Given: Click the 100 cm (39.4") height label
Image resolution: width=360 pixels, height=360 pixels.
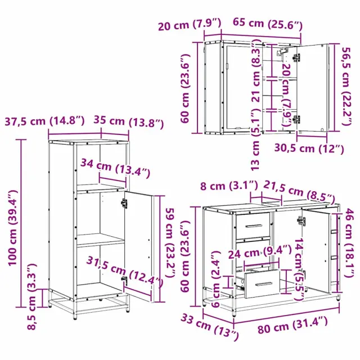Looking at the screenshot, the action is coord(13,228).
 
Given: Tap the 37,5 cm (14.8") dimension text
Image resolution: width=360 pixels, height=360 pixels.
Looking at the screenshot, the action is coord(45,121).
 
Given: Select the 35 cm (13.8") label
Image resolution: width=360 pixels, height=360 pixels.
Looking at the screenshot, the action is coord(129,122).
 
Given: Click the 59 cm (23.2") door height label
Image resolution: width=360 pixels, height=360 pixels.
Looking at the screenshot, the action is coord(170,242).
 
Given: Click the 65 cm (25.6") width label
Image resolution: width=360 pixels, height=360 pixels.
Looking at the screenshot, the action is coord(268,24).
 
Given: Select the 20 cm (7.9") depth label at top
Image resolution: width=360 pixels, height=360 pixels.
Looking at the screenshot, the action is coord(190,24).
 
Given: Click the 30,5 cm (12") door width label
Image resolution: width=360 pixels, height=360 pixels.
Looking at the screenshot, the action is coord(309,148).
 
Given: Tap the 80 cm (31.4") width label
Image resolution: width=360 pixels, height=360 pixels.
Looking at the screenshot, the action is coord(292,325).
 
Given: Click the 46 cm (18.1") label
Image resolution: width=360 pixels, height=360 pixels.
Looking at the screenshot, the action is coord(349,242).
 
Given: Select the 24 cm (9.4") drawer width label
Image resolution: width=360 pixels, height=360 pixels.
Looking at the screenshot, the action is coord(260,252).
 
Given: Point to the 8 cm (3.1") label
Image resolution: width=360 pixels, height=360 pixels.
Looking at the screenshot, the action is coord(229,185).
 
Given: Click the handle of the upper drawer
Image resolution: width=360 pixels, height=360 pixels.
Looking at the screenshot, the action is coord(254,226).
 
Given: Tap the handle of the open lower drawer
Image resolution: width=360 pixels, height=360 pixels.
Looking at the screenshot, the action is coord(264,284).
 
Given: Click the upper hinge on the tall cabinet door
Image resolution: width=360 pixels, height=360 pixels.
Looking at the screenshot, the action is coord(124,203).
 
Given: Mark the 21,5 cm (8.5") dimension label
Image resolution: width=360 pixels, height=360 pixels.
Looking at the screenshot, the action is coord(299,192).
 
